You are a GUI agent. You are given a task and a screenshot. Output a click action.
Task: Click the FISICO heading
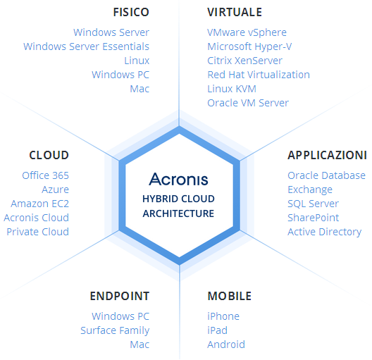pos(131,12)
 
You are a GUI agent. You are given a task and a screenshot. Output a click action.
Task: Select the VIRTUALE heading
pos(235,12)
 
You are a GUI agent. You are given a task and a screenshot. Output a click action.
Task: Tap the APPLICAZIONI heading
pos(327,155)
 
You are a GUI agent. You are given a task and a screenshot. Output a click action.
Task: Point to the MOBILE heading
pos(230,296)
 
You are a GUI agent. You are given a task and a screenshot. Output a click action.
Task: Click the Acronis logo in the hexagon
pos(178,179)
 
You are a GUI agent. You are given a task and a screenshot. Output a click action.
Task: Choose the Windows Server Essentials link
pos(86,46)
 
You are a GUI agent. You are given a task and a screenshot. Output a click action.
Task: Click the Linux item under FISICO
pos(137,61)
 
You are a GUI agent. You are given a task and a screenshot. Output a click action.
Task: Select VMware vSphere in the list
pos(247,32)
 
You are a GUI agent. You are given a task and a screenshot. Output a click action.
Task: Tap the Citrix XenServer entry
pos(245,61)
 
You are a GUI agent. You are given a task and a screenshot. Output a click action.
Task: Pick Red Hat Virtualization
pos(259,75)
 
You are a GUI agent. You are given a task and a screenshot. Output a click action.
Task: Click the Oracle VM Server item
pos(248,103)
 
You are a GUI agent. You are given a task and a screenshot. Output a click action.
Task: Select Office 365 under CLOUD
pos(45,175)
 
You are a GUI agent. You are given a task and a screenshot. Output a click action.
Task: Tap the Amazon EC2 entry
pos(39,204)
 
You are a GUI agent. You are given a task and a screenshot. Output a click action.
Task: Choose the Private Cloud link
pos(38,232)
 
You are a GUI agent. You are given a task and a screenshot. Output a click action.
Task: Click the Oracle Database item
pos(326,175)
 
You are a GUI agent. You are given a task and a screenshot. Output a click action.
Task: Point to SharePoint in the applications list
pos(313,218)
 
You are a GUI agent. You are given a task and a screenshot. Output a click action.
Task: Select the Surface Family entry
pos(115,330)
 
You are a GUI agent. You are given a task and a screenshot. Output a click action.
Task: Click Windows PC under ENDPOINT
pos(120,316)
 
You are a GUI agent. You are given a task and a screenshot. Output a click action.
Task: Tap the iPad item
pos(217,330)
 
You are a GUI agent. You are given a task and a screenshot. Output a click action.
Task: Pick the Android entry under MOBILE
pos(226,345)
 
